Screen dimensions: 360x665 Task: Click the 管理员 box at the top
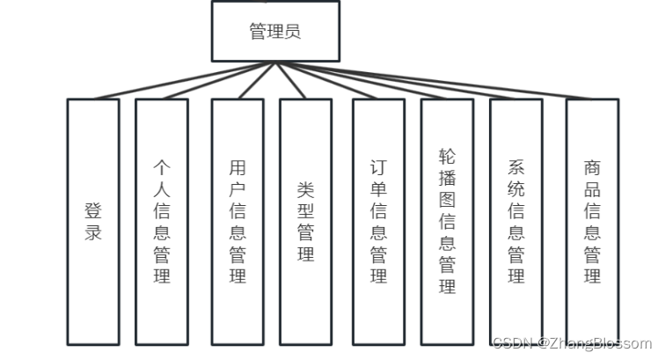click(x=275, y=32)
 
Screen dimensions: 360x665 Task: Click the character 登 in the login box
click(x=93, y=211)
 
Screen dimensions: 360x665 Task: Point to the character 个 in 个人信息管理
click(x=162, y=166)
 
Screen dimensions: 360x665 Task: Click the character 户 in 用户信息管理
click(x=237, y=188)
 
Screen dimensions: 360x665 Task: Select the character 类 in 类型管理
click(x=306, y=189)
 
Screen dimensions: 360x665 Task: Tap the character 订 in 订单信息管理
click(x=379, y=166)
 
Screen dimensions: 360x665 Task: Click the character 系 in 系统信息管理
click(x=516, y=166)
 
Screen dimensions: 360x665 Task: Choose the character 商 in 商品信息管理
click(x=593, y=166)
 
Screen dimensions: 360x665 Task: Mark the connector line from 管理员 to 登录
click(x=176, y=82)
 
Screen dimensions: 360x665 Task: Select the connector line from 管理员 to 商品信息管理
click(x=440, y=82)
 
